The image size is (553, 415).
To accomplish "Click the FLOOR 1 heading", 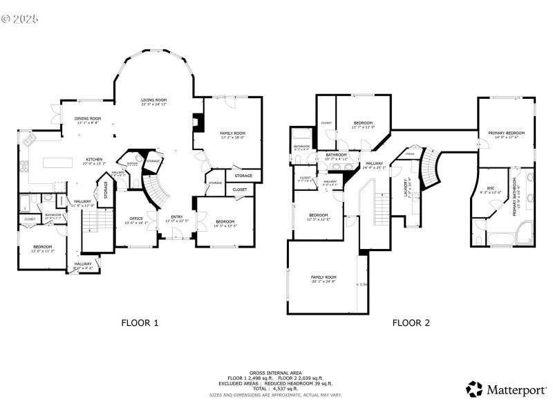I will pos(140,322).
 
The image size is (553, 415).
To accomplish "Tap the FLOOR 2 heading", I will pos(411,322).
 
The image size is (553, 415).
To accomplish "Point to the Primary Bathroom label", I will pos(515,197).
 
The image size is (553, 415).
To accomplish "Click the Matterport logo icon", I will pos(474,389).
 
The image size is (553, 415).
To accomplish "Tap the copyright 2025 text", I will pos(20,19).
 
